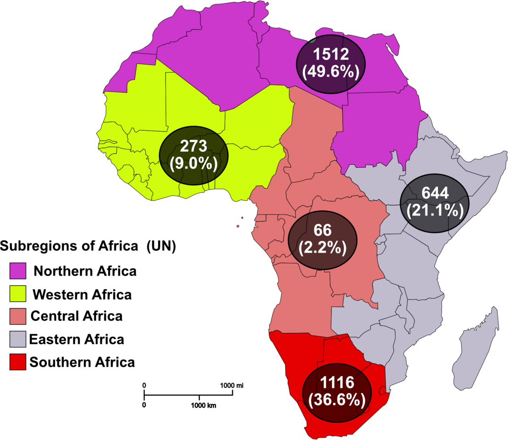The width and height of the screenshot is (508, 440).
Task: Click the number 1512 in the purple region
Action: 331,55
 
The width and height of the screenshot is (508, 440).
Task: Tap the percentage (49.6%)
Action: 331,72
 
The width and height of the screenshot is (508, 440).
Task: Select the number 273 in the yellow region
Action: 193,146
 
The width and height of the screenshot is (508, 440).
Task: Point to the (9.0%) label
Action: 193,163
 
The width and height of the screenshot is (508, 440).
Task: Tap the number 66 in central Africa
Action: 322,231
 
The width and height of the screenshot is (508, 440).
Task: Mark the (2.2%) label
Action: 322,248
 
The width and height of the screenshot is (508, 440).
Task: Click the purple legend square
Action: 18,270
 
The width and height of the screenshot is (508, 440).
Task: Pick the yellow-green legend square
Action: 18,293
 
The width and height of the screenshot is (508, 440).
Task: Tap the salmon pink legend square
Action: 18,316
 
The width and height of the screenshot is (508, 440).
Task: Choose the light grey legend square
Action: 18,339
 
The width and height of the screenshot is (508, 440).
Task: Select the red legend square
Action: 18,362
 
